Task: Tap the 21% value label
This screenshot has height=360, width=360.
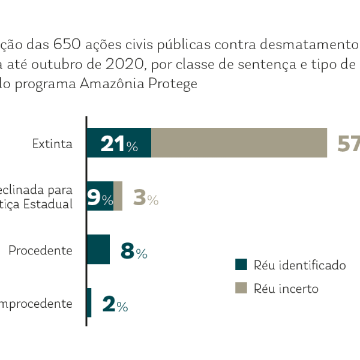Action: (119, 144)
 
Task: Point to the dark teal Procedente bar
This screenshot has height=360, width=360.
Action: (98, 249)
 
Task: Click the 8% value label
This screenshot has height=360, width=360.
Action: (134, 251)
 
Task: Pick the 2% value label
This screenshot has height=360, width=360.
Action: (115, 304)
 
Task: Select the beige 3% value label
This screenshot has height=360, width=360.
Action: (145, 198)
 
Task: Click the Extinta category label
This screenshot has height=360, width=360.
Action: (53, 144)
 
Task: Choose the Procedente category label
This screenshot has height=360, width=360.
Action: (41, 250)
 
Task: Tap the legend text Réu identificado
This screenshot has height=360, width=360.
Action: (300, 265)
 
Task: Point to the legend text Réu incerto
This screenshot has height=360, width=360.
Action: (286, 289)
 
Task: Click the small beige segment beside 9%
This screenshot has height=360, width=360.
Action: (118, 196)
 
